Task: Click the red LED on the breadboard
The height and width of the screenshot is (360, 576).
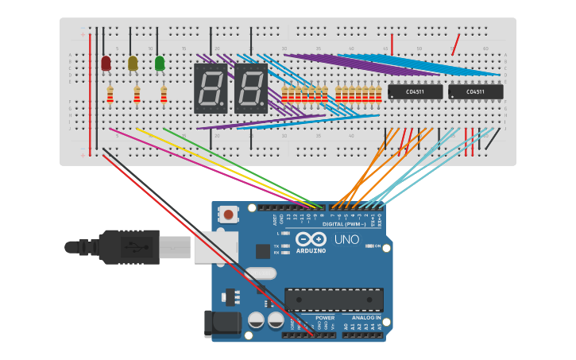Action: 106,64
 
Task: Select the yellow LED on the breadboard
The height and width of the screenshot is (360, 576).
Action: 133,64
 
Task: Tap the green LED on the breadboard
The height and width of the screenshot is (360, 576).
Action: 160,64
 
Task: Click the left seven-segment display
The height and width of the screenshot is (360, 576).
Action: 210,87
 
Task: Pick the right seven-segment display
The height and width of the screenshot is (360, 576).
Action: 250,87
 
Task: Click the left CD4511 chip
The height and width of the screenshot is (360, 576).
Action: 415,92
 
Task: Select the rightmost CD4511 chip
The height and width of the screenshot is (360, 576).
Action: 475,92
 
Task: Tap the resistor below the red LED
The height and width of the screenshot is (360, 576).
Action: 110,95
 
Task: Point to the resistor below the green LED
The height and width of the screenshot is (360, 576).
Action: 164,95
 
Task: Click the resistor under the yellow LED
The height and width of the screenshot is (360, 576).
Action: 137,95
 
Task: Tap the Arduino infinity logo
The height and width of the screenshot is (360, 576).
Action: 311,239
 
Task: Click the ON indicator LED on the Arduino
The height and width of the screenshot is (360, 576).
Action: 369,246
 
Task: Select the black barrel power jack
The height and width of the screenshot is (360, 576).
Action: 222,322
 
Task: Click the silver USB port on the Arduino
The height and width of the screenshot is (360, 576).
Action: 215,246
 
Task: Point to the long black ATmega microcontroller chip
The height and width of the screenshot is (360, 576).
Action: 334,300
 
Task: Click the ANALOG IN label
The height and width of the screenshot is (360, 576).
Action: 365,317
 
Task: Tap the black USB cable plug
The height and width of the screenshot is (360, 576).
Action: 127,246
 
